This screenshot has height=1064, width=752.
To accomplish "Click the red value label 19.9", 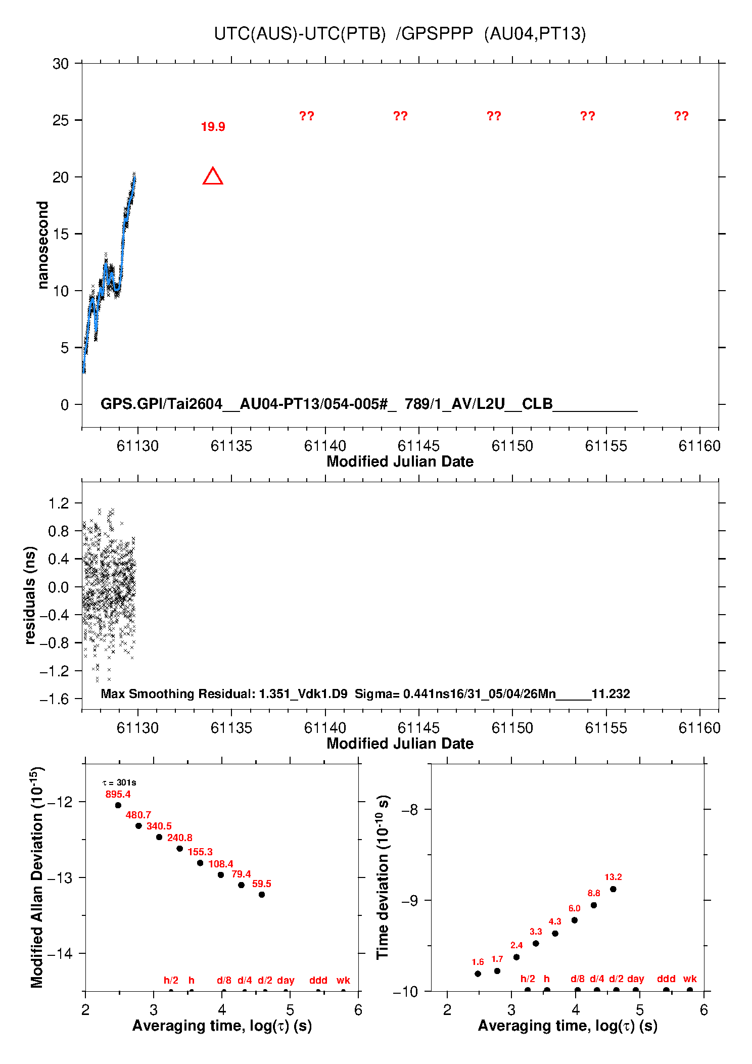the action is click(213, 127).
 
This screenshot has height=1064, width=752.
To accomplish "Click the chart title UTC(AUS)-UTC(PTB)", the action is click(300, 34).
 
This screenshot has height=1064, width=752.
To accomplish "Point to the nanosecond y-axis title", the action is click(42, 245).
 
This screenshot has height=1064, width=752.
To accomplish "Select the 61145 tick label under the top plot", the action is click(418, 446).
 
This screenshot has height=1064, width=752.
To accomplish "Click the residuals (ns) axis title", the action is click(30, 595).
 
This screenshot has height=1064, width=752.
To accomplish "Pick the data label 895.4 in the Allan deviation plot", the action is click(118, 794).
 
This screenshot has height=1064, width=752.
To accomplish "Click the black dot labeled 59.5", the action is click(262, 895).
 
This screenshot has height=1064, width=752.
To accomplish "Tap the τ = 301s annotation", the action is click(119, 783).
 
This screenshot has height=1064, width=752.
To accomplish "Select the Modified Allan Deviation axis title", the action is click(37, 877).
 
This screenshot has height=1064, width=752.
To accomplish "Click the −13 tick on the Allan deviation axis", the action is click(59, 877).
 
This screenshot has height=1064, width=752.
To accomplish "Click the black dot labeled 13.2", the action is click(613, 889).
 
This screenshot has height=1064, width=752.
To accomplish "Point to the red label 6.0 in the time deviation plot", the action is click(575, 908).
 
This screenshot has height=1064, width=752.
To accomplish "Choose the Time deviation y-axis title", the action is click(383, 877).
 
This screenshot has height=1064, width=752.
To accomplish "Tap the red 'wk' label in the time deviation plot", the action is click(690, 979).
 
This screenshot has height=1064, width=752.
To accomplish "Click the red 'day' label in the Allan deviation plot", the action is click(286, 981).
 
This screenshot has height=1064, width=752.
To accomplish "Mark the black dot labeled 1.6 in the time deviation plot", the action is click(478, 974).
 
